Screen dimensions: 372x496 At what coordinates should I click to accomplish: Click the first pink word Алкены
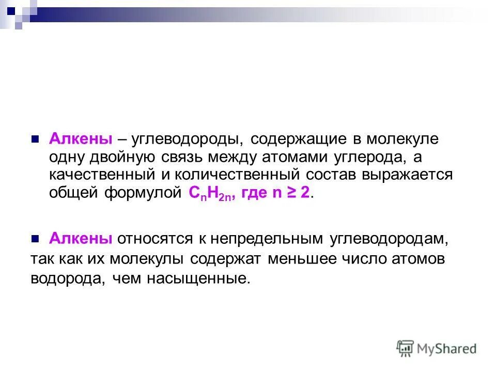81,139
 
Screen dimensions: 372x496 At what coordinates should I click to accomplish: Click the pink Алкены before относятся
81,238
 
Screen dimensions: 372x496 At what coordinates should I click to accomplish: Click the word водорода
62,278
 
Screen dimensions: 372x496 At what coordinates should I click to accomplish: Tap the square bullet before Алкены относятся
36,239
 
